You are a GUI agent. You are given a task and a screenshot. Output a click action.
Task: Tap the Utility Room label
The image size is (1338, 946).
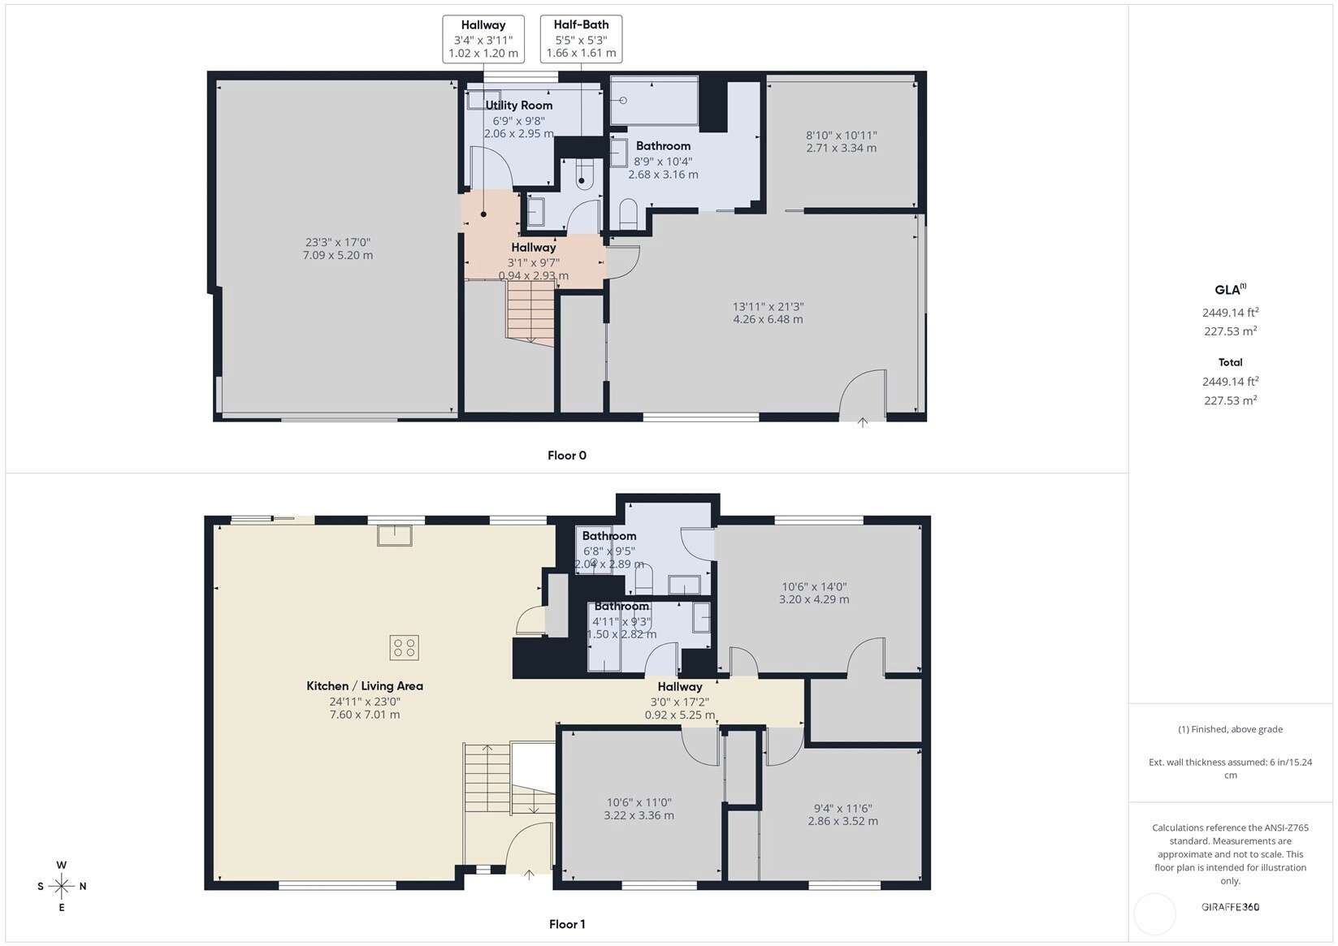[x=518, y=105]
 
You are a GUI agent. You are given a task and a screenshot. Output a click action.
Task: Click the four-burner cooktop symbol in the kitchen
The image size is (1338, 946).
[x=405, y=647]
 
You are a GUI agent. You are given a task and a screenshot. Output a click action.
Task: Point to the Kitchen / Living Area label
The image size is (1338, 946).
[x=365, y=685]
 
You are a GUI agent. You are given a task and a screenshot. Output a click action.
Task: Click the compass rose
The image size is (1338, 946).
[x=62, y=886]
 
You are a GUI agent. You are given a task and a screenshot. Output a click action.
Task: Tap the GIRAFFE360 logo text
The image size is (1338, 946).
[x=1230, y=906]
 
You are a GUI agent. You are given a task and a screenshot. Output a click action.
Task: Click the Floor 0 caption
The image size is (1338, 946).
[x=567, y=455]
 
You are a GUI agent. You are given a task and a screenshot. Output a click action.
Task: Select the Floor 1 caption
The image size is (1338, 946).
[x=567, y=924]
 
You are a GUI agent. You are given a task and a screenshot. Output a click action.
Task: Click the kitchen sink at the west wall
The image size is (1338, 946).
[x=395, y=535]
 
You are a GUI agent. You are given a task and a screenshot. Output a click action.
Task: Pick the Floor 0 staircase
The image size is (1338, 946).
[x=530, y=313]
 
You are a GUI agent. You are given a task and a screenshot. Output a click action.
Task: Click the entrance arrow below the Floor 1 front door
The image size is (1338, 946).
[x=529, y=875]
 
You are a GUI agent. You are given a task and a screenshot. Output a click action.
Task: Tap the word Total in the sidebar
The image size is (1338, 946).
[x=1230, y=362]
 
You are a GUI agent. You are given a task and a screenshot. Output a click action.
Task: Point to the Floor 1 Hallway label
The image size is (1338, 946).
[x=680, y=686]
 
